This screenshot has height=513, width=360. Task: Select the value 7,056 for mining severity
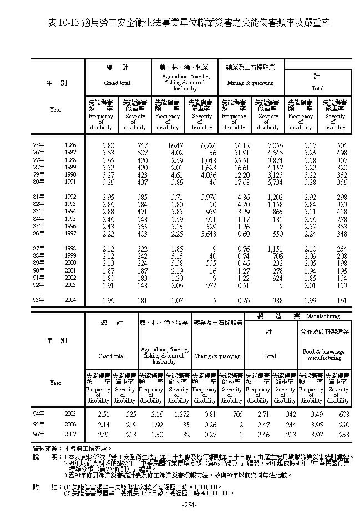(275, 145)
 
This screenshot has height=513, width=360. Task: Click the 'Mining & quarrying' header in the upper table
(251, 83)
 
